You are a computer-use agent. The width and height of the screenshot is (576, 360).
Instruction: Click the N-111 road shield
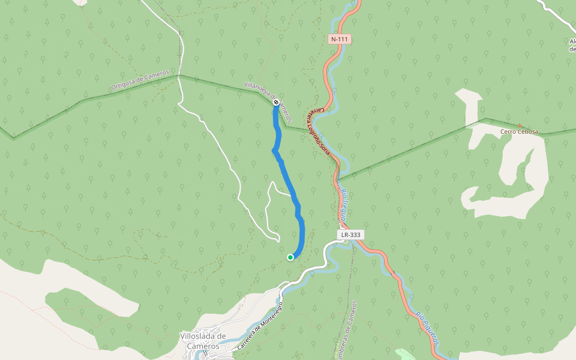(340, 39)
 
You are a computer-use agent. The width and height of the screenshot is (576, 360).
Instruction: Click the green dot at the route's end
(290, 257)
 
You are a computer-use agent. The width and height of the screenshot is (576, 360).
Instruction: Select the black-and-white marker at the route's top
(276, 103)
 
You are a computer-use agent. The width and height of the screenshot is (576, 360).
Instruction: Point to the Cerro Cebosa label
(520, 131)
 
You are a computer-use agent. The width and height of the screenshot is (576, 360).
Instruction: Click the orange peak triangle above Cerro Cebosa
(519, 125)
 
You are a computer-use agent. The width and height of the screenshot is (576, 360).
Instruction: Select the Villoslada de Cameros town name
(203, 341)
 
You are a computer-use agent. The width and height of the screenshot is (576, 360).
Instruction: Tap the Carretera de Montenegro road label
(260, 326)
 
